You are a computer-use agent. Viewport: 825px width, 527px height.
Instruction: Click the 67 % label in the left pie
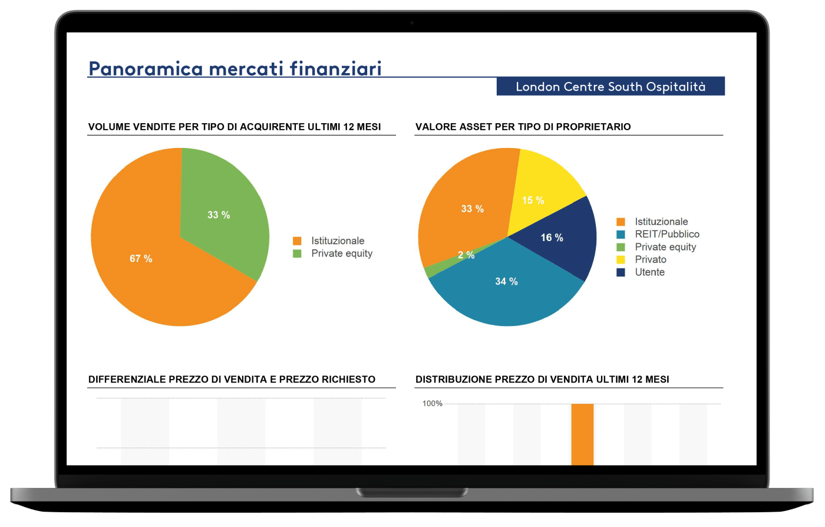pos(141,259)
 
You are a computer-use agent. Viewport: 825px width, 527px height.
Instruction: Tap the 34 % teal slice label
pos(506,282)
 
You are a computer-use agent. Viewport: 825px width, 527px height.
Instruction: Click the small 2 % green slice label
pos(466,255)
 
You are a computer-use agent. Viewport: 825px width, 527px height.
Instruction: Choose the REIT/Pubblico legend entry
pos(666,234)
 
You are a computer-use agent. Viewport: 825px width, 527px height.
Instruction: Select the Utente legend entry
pos(649,272)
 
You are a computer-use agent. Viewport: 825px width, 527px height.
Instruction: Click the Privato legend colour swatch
pos(621,260)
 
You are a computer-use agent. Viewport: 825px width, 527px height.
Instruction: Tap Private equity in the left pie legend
pos(342,253)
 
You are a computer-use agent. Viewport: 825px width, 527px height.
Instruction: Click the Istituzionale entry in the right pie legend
pos(661,222)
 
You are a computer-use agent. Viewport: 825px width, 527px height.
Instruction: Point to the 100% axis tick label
pos(433,404)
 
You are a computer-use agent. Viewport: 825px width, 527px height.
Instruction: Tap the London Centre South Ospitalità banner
pos(610,87)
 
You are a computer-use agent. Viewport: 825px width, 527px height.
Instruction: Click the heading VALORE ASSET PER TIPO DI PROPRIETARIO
pos(523,127)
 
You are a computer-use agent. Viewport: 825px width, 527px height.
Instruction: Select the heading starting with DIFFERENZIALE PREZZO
pos(232,380)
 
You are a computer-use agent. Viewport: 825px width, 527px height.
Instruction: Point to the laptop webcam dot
pos(412,23)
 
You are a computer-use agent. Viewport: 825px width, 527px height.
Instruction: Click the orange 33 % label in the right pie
pos(473,209)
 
